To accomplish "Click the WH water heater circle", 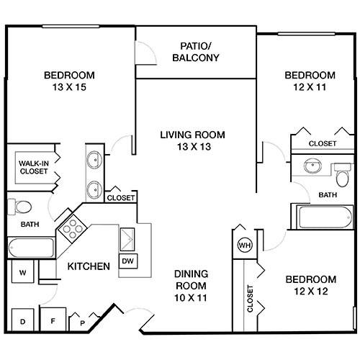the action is click(x=245, y=245).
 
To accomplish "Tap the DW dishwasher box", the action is click(x=128, y=261).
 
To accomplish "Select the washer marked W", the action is click(x=23, y=271).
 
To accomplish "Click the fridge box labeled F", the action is click(x=53, y=320).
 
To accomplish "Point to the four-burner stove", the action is click(x=73, y=228).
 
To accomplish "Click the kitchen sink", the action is click(x=127, y=240).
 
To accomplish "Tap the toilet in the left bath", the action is click(x=20, y=207).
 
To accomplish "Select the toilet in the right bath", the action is click(x=343, y=175).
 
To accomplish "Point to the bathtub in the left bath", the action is click(x=30, y=247).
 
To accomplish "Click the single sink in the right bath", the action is click(x=312, y=166).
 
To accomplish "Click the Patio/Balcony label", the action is click(x=196, y=52).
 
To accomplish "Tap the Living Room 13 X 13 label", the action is click(x=193, y=140).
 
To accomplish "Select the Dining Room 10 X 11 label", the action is click(x=191, y=286).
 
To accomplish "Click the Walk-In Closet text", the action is click(x=34, y=167).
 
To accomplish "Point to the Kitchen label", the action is click(x=89, y=266).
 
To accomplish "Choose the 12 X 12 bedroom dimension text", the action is click(x=311, y=291).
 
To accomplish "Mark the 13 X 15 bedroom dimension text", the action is click(x=69, y=87).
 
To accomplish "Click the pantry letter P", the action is click(x=82, y=323).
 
